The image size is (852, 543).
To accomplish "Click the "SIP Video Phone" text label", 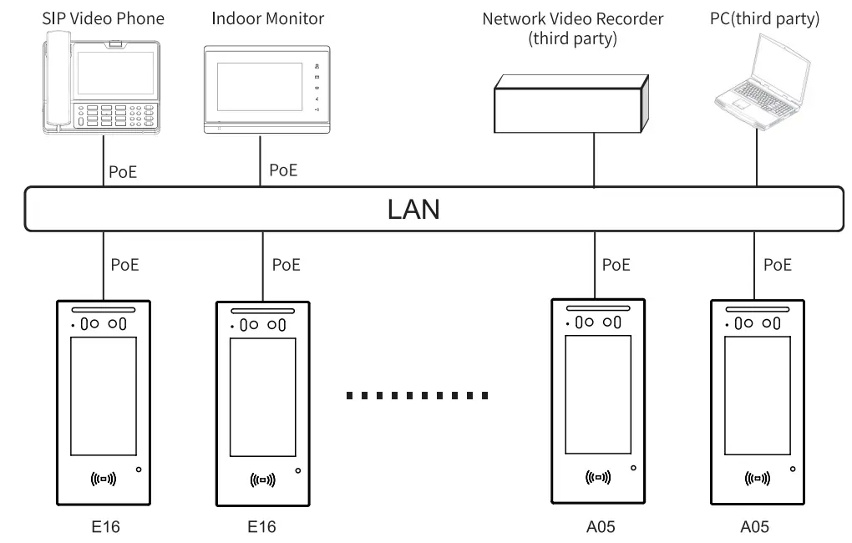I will pos(104,18).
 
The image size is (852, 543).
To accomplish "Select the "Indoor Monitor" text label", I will pos(267,18).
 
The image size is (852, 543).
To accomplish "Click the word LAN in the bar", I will pos(413,209).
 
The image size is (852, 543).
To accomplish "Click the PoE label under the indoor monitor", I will pos(283,170).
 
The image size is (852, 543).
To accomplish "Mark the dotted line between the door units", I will pos(418,395).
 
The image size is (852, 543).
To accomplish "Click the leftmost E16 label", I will pos(102,527).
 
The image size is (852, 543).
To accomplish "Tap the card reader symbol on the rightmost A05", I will pos(757,479).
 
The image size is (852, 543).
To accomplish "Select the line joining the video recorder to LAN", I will pos(594,160).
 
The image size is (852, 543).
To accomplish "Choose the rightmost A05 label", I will pos(755,527).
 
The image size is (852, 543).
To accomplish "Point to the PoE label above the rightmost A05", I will pos(778,265).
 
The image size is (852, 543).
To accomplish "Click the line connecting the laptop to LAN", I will pos(756,159).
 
